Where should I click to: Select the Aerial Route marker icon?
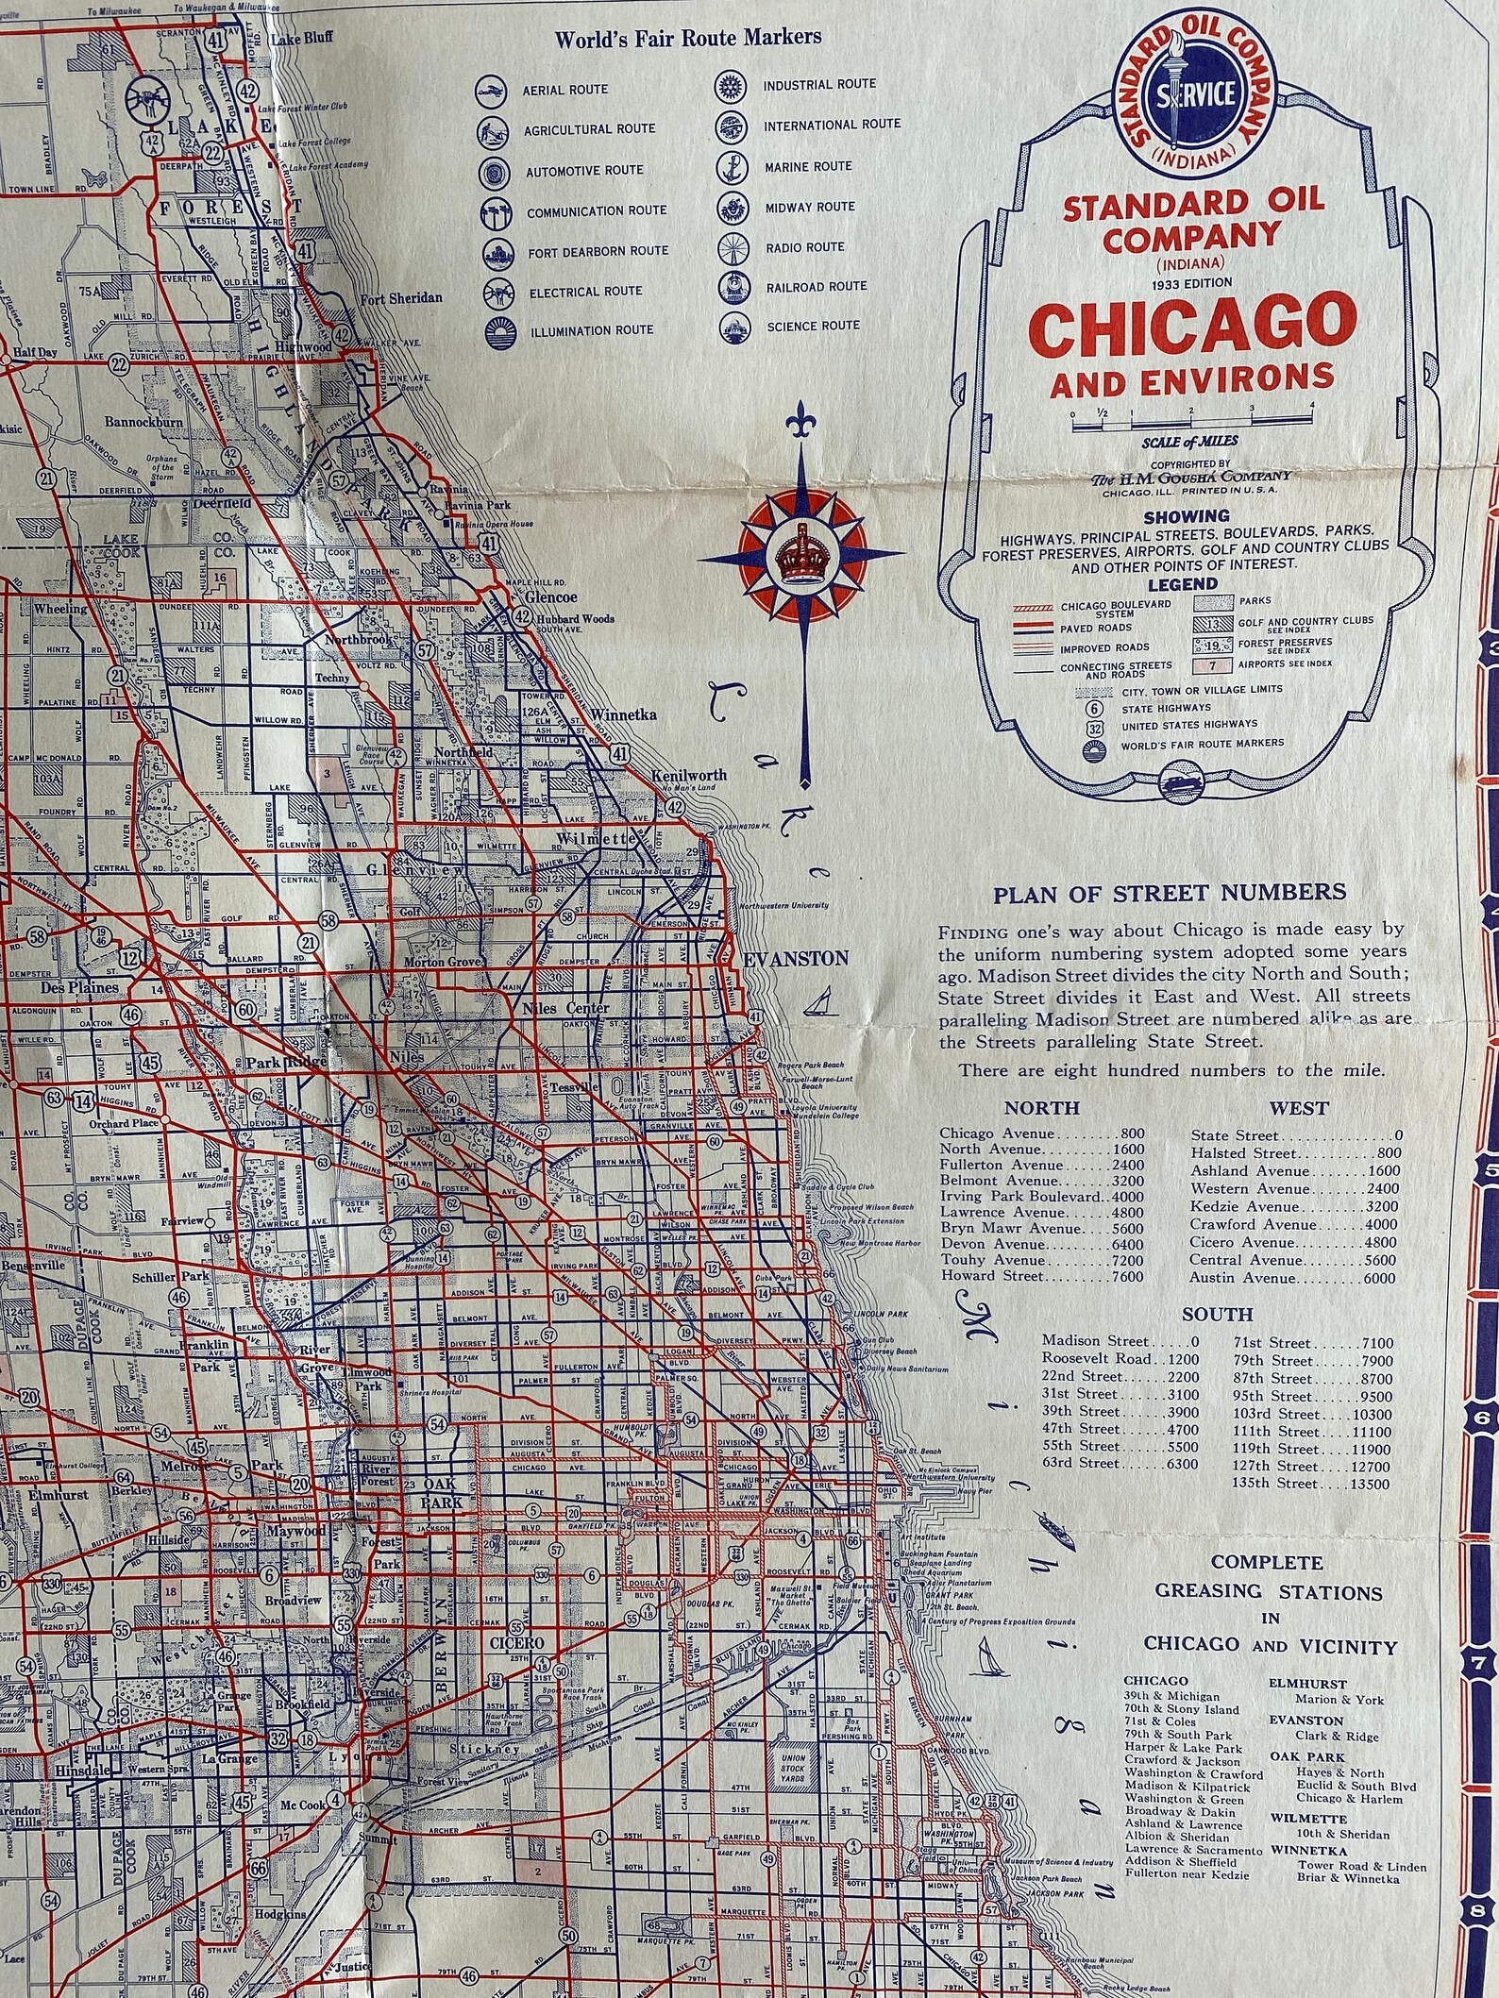(492, 90)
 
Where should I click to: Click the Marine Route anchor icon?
(731, 166)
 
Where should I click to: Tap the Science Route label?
(812, 326)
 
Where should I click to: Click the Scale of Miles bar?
(1192, 422)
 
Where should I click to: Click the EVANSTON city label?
(796, 958)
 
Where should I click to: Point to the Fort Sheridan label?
(401, 298)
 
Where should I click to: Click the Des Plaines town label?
(78, 987)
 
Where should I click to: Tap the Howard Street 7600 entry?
(1041, 1276)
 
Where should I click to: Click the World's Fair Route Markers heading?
(686, 39)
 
